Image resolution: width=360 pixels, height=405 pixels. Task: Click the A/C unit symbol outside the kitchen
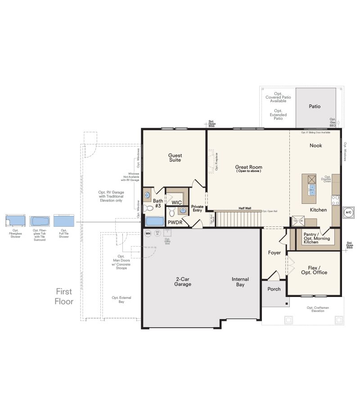pos(348,212)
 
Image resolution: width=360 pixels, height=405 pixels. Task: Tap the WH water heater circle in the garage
pos(148,233)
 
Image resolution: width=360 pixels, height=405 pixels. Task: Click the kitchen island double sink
pos(312,190)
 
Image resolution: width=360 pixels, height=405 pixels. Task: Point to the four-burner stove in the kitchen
pos(335,200)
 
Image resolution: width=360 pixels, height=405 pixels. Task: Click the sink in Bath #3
pos(147,195)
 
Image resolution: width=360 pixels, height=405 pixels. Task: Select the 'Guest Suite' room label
pos(175,157)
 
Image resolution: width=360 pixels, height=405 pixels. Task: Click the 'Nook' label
pos(315,145)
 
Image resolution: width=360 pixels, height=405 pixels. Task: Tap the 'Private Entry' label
pos(198,208)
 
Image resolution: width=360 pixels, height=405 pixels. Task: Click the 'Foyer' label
pos(274,252)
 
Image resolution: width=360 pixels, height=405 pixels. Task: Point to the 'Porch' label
pos(274,289)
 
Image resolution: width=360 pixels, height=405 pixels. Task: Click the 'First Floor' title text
pos(64,297)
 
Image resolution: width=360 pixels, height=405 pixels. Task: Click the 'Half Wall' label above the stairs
pos(245,208)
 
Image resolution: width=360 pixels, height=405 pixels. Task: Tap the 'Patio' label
pos(315,107)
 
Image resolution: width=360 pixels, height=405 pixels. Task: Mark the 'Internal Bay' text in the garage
pos(240,282)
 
